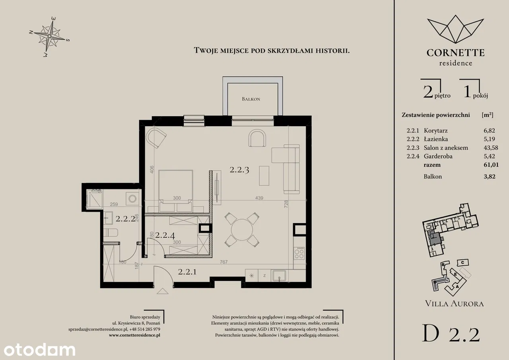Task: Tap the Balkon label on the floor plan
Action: click(251, 99)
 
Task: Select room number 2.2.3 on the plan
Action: click(239, 170)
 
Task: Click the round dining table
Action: click(242, 230)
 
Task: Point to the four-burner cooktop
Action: click(299, 253)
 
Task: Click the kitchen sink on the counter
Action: click(279, 275)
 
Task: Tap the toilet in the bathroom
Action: click(111, 232)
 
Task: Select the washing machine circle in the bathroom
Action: click(132, 198)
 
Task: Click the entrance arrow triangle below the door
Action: click(163, 291)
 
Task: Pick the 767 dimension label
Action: click(223, 262)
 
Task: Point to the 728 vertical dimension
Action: click(286, 204)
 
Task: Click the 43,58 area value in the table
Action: click(491, 148)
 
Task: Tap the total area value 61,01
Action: click(491, 165)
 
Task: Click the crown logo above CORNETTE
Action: click(455, 29)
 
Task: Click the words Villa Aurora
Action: click(454, 304)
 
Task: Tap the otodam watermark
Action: click(39, 350)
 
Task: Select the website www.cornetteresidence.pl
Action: click(134, 335)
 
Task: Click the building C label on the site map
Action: click(462, 263)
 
